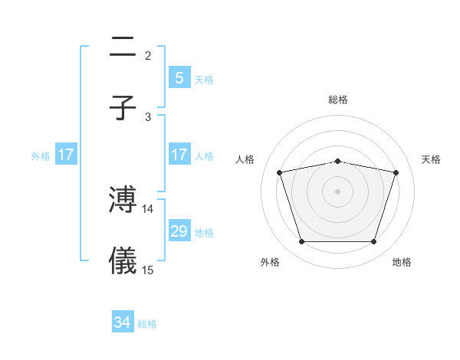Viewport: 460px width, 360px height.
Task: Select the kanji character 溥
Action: tap(123, 200)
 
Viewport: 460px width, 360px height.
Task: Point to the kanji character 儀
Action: tap(123, 261)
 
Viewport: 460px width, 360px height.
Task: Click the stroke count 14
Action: tap(148, 208)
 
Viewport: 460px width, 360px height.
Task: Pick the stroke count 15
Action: tap(148, 270)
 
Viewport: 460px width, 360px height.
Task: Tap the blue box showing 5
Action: tap(179, 77)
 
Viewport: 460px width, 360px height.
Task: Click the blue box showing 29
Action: tap(179, 231)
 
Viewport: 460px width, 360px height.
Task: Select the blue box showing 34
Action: tap(123, 322)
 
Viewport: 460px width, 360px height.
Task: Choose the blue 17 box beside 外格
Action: tap(66, 155)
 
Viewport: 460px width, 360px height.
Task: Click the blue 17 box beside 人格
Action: tap(179, 155)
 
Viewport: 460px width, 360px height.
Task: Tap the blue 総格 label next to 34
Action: tap(147, 324)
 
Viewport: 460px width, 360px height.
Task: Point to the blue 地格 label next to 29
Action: tap(204, 233)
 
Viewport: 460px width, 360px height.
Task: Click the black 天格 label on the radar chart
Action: tap(431, 159)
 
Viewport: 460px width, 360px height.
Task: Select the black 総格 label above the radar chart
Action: tap(338, 100)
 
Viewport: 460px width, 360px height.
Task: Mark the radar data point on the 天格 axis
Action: tap(396, 172)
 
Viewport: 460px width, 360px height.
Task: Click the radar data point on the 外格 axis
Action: tap(301, 242)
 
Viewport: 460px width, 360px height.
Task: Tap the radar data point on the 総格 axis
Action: tap(338, 161)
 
